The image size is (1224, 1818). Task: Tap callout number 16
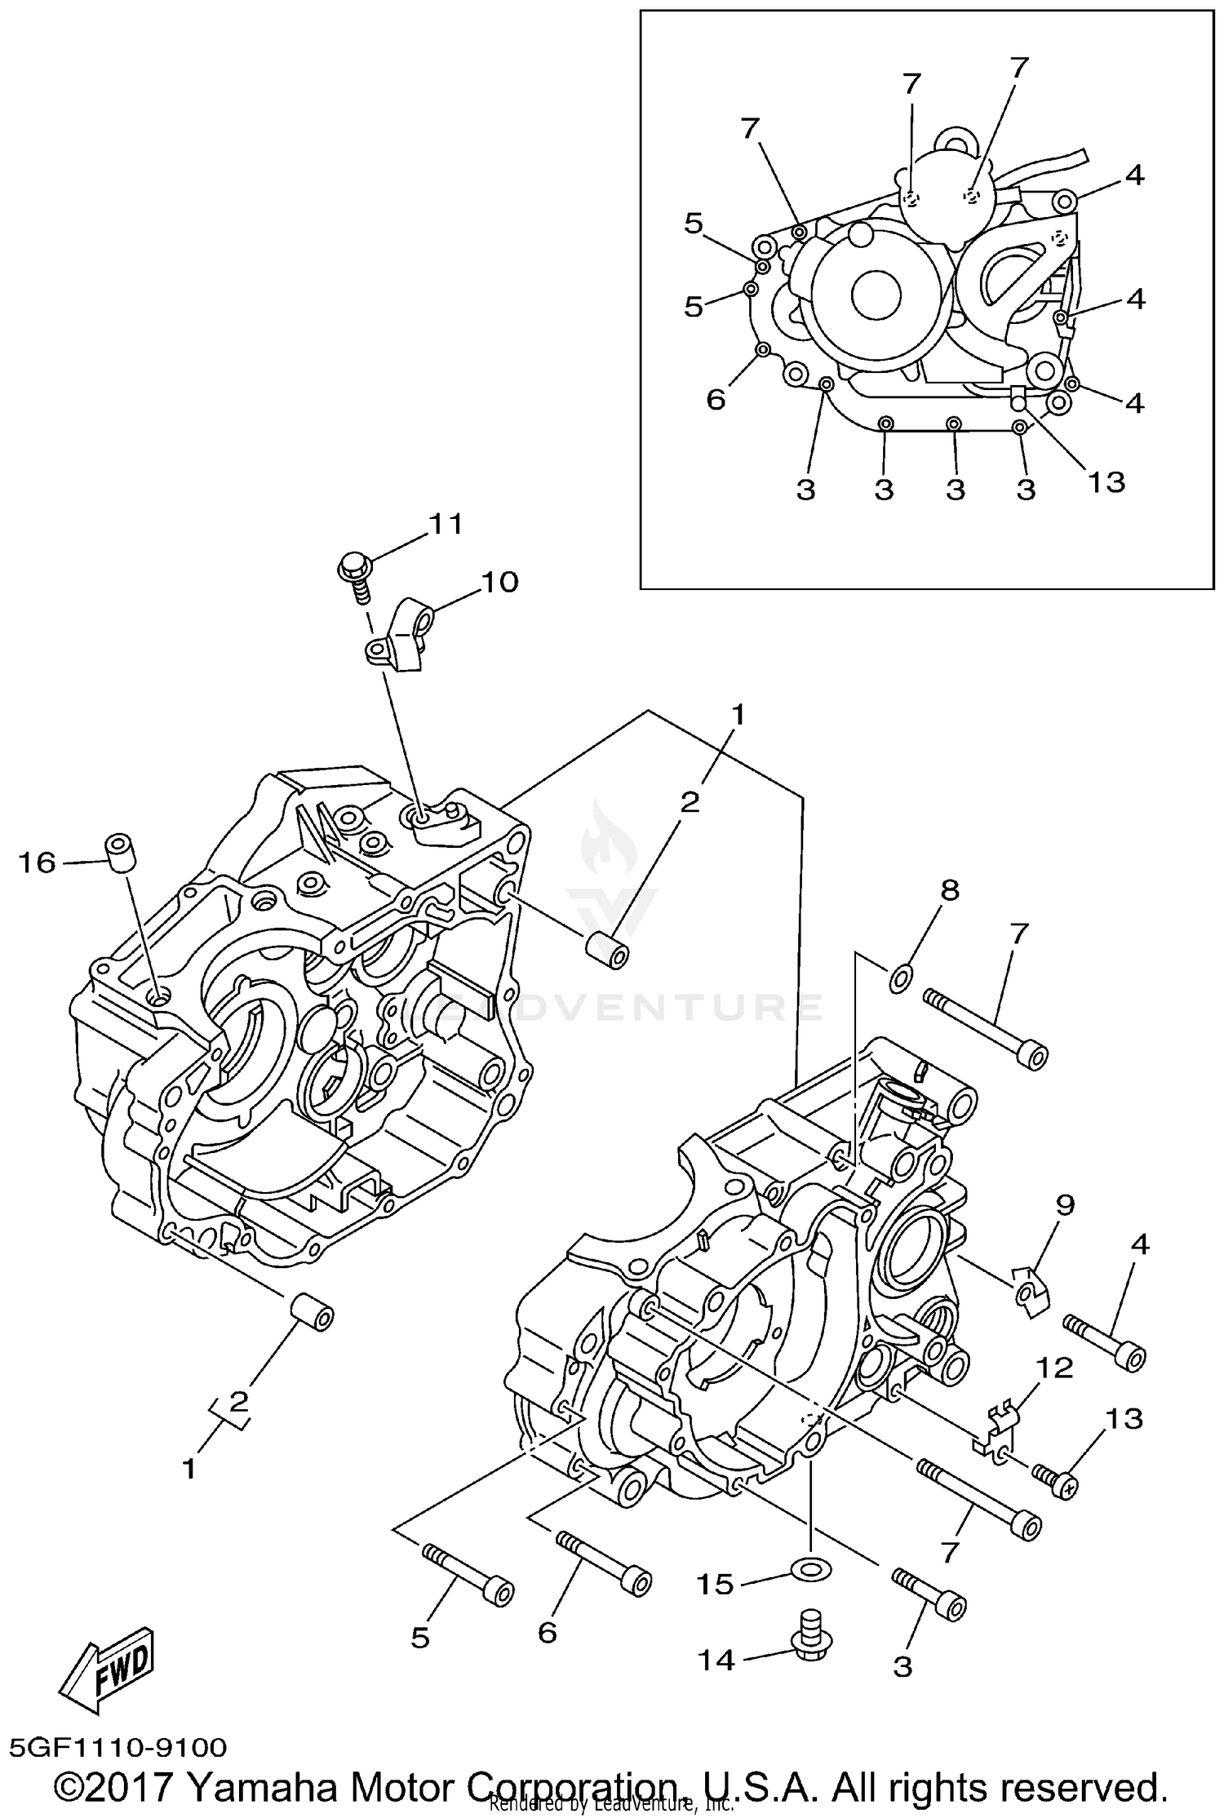click(37, 862)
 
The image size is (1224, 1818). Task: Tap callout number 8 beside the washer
click(949, 889)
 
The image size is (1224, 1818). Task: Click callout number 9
click(1066, 1204)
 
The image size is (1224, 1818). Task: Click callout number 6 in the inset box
click(716, 400)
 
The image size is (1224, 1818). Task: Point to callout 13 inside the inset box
click(1106, 481)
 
